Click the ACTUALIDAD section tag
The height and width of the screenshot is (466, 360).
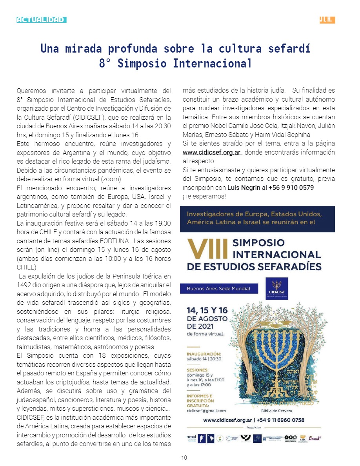point(41,20)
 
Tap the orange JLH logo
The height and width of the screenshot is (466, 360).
point(327,20)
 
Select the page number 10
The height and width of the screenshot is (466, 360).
point(184,458)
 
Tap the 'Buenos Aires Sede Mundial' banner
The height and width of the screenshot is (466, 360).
point(218,289)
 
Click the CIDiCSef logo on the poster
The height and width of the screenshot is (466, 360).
point(276,288)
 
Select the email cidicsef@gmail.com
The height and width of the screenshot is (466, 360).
point(206,411)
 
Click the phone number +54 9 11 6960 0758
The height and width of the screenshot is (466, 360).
point(280,420)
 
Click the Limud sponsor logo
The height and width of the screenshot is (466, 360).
point(315,439)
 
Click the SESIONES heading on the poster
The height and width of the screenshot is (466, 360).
point(198,370)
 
